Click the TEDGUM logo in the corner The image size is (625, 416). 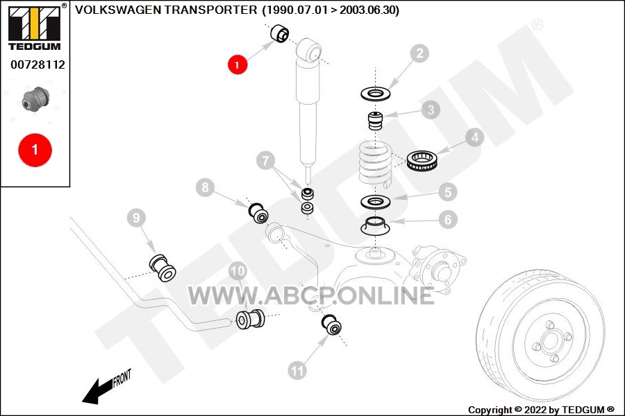coord(35,27)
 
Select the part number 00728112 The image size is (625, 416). coord(38,64)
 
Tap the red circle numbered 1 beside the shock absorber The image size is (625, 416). coord(237,64)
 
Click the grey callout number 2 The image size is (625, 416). coord(419,53)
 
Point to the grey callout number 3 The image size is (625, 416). coord(431,110)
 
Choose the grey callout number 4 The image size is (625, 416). coord(475,137)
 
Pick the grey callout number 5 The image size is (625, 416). coord(448,192)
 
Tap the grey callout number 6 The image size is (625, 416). coord(448,219)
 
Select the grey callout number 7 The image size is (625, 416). coord(266,160)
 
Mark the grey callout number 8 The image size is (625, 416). coord(206,187)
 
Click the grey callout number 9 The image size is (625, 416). coord(137,218)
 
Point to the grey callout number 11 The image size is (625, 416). coord(297,371)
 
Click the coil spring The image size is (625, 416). coord(376,164)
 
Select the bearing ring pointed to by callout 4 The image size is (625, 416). coord(422,160)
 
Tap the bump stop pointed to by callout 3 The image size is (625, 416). coord(375,121)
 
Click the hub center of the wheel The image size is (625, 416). coord(551,340)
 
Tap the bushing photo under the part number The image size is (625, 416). coord(35,98)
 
